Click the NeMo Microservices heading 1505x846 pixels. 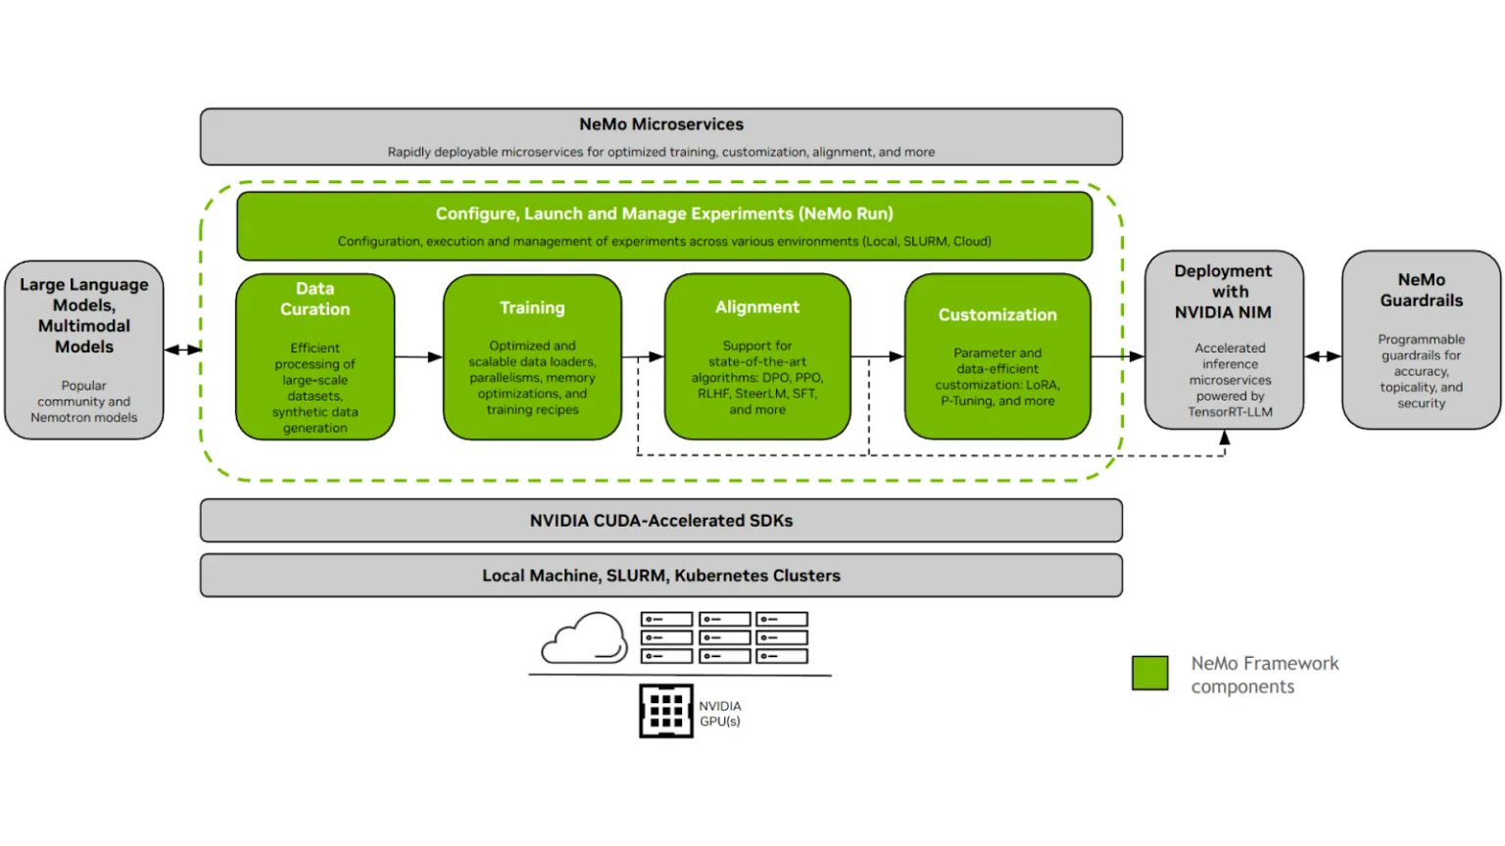tap(661, 124)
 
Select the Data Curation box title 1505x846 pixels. tap(316, 299)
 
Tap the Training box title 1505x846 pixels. tap(532, 307)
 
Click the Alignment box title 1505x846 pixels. tap(757, 306)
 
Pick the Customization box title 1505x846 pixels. tap(997, 315)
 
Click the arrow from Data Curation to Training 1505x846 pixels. tap(418, 356)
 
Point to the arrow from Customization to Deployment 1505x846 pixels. tap(1117, 355)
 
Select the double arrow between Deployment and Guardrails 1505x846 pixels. tap(1323, 355)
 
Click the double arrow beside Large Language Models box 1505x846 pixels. tap(183, 350)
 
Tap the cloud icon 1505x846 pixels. tap(584, 637)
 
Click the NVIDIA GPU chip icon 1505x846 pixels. tap(666, 711)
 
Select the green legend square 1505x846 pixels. tap(1149, 673)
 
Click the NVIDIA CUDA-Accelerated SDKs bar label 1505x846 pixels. tap(661, 520)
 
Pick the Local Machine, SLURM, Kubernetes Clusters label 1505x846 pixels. tap(661, 576)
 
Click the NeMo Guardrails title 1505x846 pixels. tap(1421, 290)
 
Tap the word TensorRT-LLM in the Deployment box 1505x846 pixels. tap(1230, 411)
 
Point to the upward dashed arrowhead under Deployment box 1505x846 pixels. tap(1224, 438)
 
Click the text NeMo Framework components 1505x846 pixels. tap(1265, 675)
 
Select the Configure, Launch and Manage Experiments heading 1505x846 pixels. tap(664, 213)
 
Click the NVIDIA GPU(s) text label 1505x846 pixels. tap(719, 713)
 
